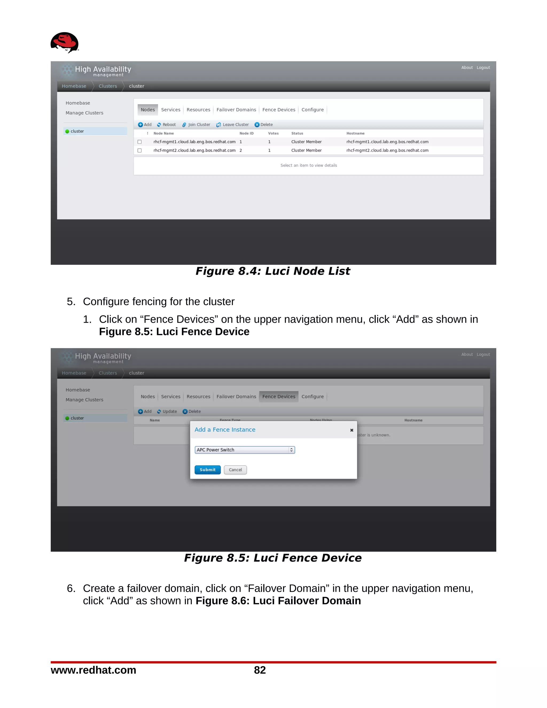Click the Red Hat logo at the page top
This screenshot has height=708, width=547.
point(64,42)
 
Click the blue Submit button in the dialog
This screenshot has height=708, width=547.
point(207,470)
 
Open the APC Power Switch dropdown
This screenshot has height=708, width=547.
point(245,450)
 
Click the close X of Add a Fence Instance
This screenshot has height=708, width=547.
point(351,430)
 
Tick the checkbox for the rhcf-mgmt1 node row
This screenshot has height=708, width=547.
point(140,142)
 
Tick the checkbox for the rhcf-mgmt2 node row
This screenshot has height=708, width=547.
point(140,150)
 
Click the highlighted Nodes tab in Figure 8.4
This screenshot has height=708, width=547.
point(148,110)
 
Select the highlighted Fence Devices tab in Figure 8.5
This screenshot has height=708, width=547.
point(279,396)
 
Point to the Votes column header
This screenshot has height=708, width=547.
point(273,134)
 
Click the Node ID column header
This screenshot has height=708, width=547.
point(246,134)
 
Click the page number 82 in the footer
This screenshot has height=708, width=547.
point(260,670)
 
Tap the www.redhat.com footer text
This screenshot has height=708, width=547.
point(93,670)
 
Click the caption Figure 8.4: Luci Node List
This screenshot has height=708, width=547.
point(273,271)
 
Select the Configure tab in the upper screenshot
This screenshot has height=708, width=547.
point(312,110)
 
